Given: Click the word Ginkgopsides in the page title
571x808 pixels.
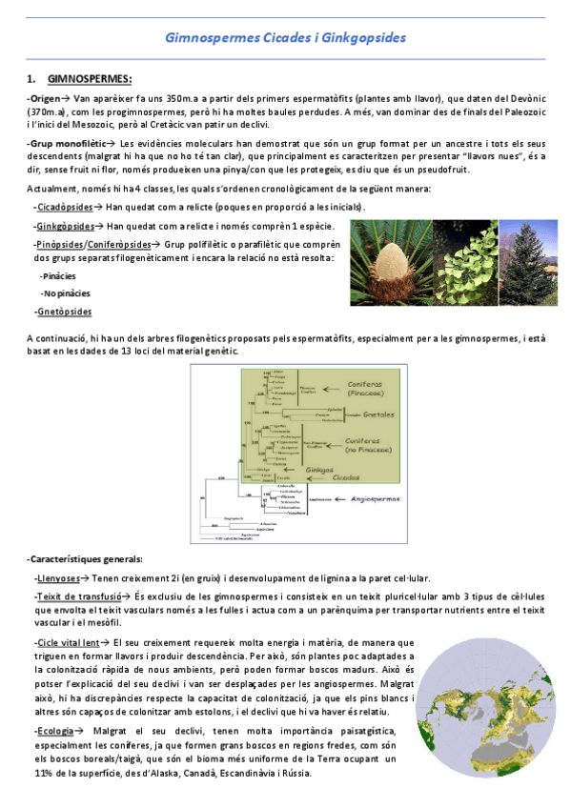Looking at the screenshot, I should (366, 37).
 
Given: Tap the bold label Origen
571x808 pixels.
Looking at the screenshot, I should (43, 98).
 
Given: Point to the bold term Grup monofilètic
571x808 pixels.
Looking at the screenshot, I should (64, 142).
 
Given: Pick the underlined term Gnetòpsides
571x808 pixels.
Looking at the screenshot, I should (65, 312).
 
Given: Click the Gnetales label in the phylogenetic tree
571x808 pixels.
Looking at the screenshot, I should (380, 415).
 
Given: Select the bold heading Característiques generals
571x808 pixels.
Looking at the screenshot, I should (86, 558).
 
